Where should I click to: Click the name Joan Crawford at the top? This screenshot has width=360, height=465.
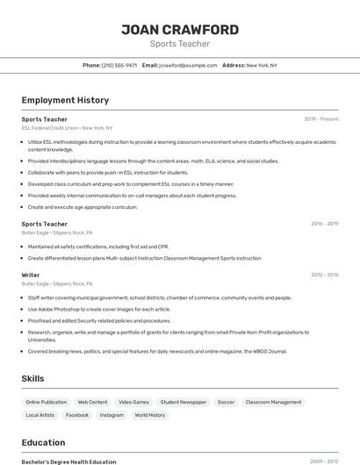179,30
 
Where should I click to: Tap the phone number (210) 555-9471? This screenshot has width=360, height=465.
119,65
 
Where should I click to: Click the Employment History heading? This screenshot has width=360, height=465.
65,100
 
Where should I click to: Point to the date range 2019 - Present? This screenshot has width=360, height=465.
320,118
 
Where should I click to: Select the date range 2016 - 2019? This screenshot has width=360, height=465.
324,224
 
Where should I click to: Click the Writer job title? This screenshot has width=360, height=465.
31,275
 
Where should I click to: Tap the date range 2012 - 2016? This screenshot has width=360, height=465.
324,275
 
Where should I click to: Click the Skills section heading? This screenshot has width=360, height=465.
33,378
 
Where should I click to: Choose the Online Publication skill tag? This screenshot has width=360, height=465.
46,402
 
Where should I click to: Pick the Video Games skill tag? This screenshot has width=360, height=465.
133,402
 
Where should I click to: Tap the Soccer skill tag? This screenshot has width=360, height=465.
226,402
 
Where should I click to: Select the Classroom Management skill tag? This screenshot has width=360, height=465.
273,402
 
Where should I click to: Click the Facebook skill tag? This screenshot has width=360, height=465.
77,415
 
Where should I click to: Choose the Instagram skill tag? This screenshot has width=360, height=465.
112,415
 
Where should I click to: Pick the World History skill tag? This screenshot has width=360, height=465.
149,415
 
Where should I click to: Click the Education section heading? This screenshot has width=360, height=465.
43,442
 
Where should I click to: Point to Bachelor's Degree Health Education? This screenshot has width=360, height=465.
68,461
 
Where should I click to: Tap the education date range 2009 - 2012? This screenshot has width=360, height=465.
324,461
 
